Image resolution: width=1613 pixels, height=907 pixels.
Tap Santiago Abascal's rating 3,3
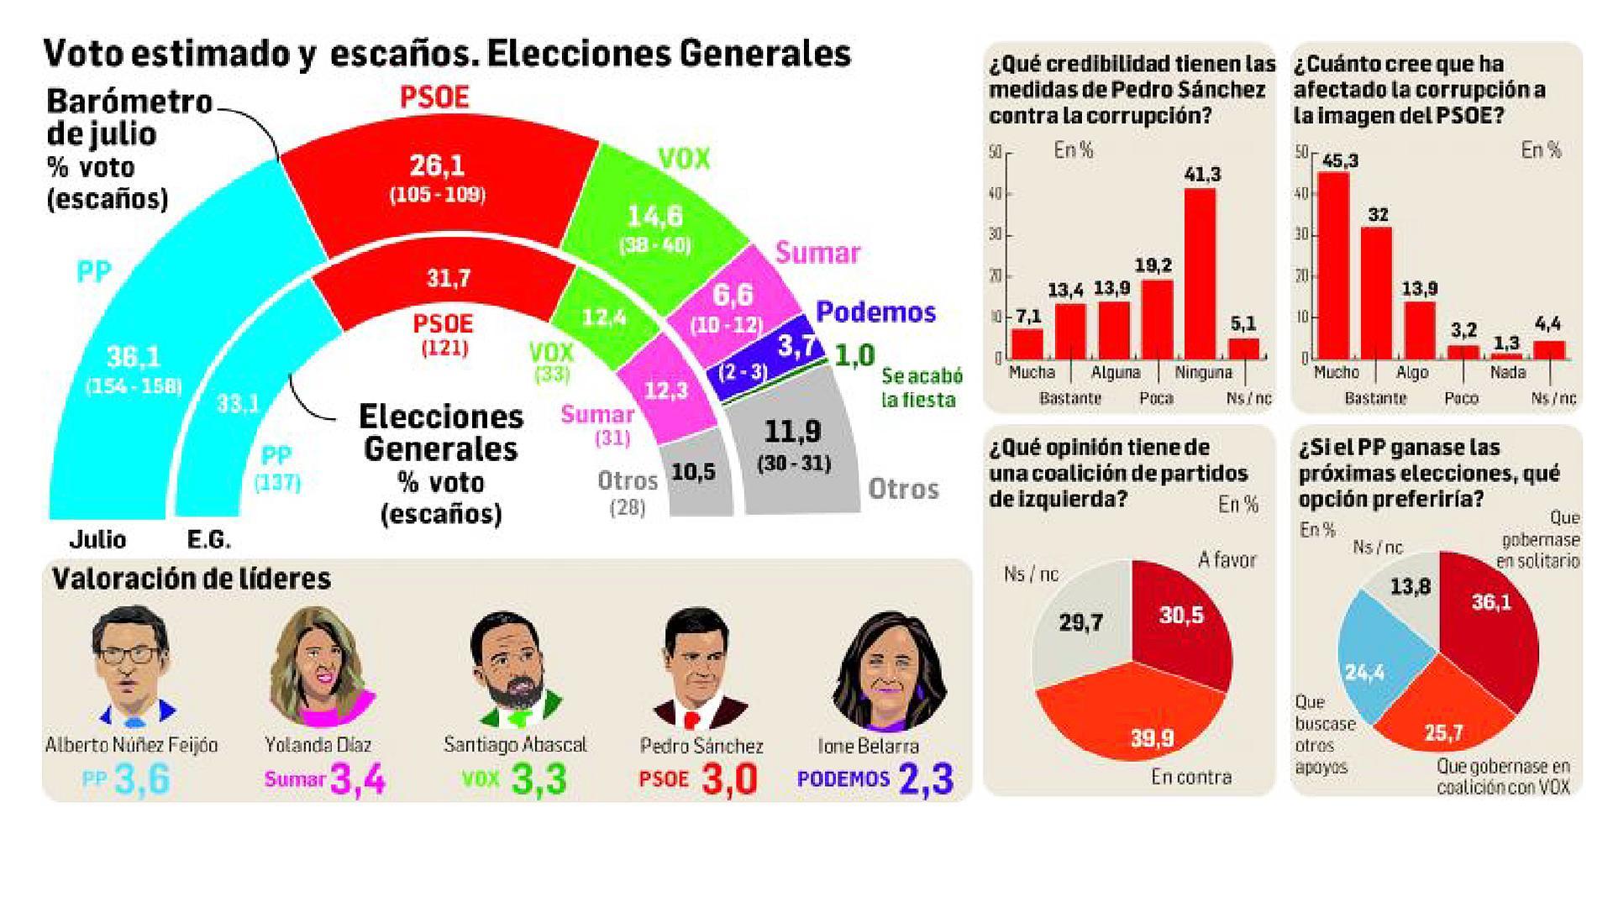point(538,779)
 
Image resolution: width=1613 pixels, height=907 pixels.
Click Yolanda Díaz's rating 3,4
point(358,779)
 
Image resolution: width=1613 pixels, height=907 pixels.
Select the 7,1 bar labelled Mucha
point(1027,344)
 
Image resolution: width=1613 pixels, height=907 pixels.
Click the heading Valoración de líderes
point(192,579)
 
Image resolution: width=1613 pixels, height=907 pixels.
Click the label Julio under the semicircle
point(97,539)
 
